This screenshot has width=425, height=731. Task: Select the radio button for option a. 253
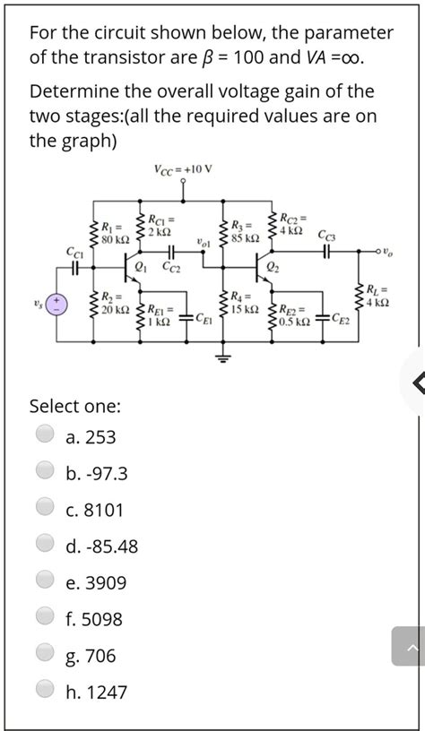click(x=44, y=436)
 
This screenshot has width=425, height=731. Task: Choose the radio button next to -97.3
click(x=44, y=472)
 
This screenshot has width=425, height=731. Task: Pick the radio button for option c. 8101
click(x=44, y=509)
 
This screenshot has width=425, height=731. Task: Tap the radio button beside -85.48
click(x=44, y=546)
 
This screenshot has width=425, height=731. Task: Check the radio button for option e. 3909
click(x=44, y=582)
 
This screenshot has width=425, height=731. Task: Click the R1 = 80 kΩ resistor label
click(x=114, y=233)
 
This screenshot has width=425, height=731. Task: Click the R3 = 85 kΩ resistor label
click(x=243, y=232)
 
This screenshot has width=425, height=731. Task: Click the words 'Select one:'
click(x=75, y=406)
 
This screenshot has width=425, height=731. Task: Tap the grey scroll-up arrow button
click(x=408, y=646)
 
